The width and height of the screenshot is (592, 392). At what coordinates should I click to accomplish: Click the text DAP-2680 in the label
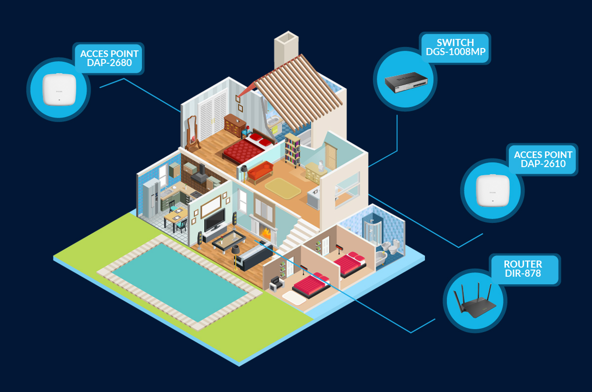click(x=110, y=63)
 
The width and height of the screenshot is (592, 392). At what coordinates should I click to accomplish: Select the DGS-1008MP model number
click(x=455, y=52)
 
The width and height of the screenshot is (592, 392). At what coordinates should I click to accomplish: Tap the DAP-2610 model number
click(x=543, y=164)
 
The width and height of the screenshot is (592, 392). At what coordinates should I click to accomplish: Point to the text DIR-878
click(x=523, y=273)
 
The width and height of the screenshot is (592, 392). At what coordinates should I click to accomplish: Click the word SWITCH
click(x=455, y=43)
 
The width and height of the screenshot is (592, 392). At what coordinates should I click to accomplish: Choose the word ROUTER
click(x=523, y=263)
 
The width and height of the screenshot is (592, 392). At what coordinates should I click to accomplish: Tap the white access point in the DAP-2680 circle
click(x=59, y=89)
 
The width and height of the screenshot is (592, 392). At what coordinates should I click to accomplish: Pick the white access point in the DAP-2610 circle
click(x=492, y=190)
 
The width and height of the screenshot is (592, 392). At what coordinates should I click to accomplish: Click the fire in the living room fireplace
click(x=266, y=233)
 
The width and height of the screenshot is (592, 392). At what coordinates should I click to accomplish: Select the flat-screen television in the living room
click(x=214, y=220)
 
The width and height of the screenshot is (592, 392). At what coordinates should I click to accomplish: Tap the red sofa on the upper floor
click(x=260, y=171)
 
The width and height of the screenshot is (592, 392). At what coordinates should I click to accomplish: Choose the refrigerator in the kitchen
click(x=151, y=199)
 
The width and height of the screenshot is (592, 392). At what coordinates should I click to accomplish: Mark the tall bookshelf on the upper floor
click(x=292, y=150)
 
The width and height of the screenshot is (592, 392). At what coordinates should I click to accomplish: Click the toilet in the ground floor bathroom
click(x=393, y=247)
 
